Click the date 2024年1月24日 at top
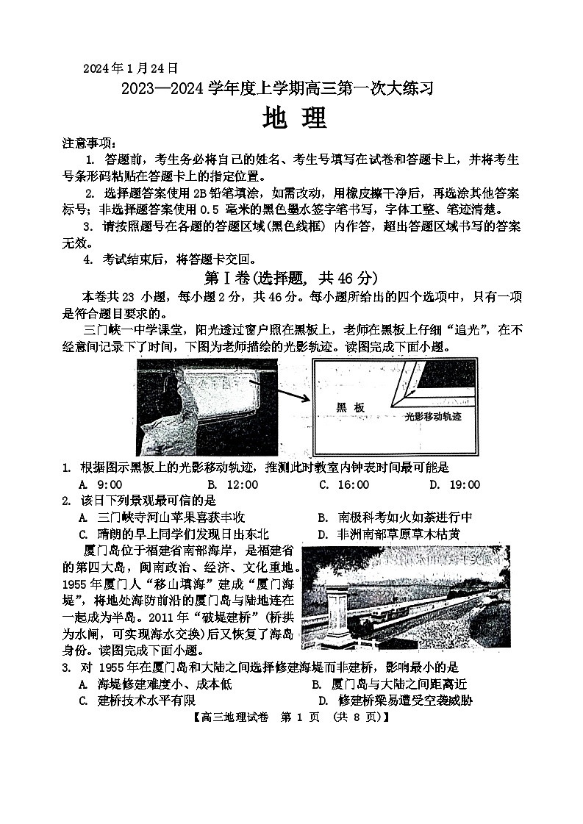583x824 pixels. coord(130,68)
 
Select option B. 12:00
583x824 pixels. coord(232,484)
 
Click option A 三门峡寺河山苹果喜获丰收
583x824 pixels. coord(162,517)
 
